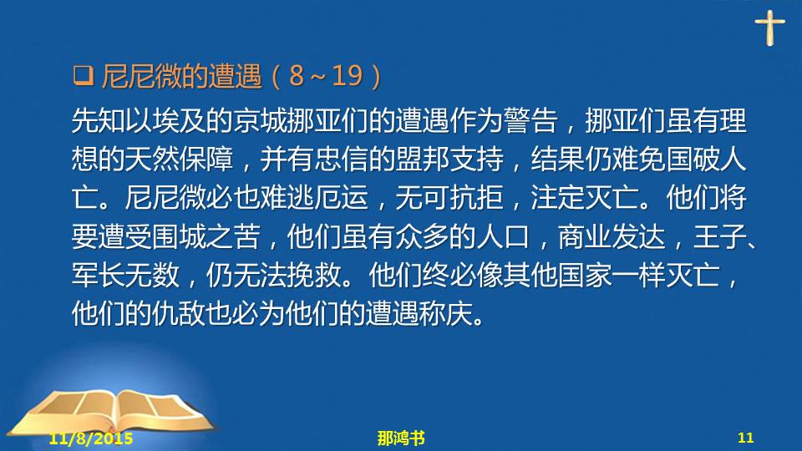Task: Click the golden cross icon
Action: [x=769, y=28]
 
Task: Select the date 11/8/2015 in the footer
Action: [x=91, y=438]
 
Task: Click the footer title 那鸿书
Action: [x=401, y=438]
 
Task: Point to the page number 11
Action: [x=746, y=438]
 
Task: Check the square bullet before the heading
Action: [x=84, y=75]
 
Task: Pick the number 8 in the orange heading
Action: [x=297, y=76]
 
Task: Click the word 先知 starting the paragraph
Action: [x=99, y=120]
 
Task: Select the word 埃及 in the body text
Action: [x=179, y=120]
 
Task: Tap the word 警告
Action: [x=530, y=120]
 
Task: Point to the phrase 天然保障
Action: [x=179, y=159]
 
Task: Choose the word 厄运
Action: [x=341, y=197]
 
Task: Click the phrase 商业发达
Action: [x=612, y=236]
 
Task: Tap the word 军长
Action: [x=99, y=275]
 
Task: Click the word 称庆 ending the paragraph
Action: [x=445, y=313]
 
